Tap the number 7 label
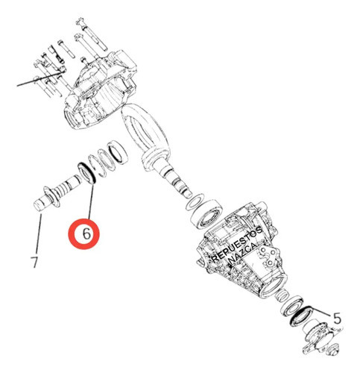(34, 262)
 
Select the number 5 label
(337, 318)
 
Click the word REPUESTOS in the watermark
(237, 244)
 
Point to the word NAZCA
(242, 254)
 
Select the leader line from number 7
(39, 233)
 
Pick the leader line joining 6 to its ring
(91, 201)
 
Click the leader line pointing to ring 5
(322, 313)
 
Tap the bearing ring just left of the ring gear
(118, 152)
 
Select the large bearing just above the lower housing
(206, 213)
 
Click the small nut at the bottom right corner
(333, 348)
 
